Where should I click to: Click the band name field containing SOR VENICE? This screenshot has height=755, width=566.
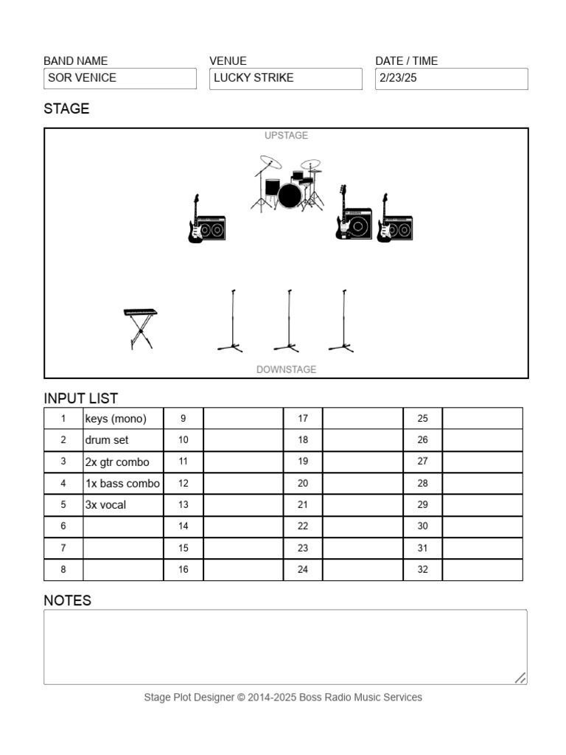click(120, 78)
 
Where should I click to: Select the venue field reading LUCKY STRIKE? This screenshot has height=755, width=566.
click(286, 78)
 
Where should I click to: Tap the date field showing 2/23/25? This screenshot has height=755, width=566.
click(451, 78)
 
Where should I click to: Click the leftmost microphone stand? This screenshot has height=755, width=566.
click(231, 321)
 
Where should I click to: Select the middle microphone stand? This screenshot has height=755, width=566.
click(287, 321)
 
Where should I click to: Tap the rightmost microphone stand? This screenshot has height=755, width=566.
click(342, 321)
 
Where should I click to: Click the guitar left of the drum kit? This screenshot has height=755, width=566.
click(195, 220)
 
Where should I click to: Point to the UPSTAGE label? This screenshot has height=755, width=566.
click(286, 136)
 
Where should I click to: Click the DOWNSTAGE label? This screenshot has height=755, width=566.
click(286, 369)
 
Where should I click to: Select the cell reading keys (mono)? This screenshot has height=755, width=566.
click(122, 419)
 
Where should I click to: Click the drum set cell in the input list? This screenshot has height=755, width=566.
click(122, 440)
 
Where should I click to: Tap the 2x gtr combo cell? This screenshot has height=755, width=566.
click(122, 462)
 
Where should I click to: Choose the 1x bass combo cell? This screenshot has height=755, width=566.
click(122, 484)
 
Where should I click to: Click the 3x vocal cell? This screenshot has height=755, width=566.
click(122, 505)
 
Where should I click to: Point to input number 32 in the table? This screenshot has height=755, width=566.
click(422, 570)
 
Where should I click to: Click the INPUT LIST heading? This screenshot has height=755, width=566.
click(81, 398)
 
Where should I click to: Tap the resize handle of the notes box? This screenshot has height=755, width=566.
click(520, 678)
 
